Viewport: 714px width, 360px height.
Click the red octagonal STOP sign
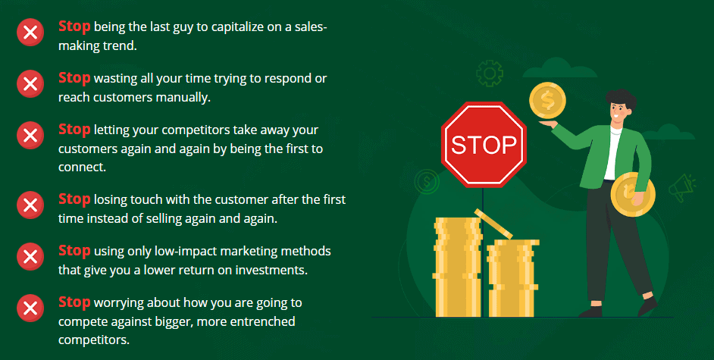[484, 144]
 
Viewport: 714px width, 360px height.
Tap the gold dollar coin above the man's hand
[547, 101]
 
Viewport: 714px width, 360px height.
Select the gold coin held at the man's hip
[632, 194]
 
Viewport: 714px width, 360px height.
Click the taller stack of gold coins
[457, 267]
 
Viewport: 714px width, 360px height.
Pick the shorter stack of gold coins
[512, 278]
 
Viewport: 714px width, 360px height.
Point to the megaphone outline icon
[682, 187]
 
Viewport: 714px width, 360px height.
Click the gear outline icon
[490, 74]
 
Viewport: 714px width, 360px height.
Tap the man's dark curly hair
[621, 99]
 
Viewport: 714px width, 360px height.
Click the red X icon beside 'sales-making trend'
[30, 33]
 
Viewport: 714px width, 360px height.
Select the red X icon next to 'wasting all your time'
[30, 83]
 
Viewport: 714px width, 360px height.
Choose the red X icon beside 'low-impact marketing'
[30, 257]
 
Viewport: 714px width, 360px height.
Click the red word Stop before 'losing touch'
[74, 199]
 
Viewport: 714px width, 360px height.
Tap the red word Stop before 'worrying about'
[74, 302]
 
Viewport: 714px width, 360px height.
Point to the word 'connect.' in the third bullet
[82, 167]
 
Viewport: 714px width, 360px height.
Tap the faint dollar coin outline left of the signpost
[427, 182]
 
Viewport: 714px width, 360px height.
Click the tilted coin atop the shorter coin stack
[493, 224]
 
